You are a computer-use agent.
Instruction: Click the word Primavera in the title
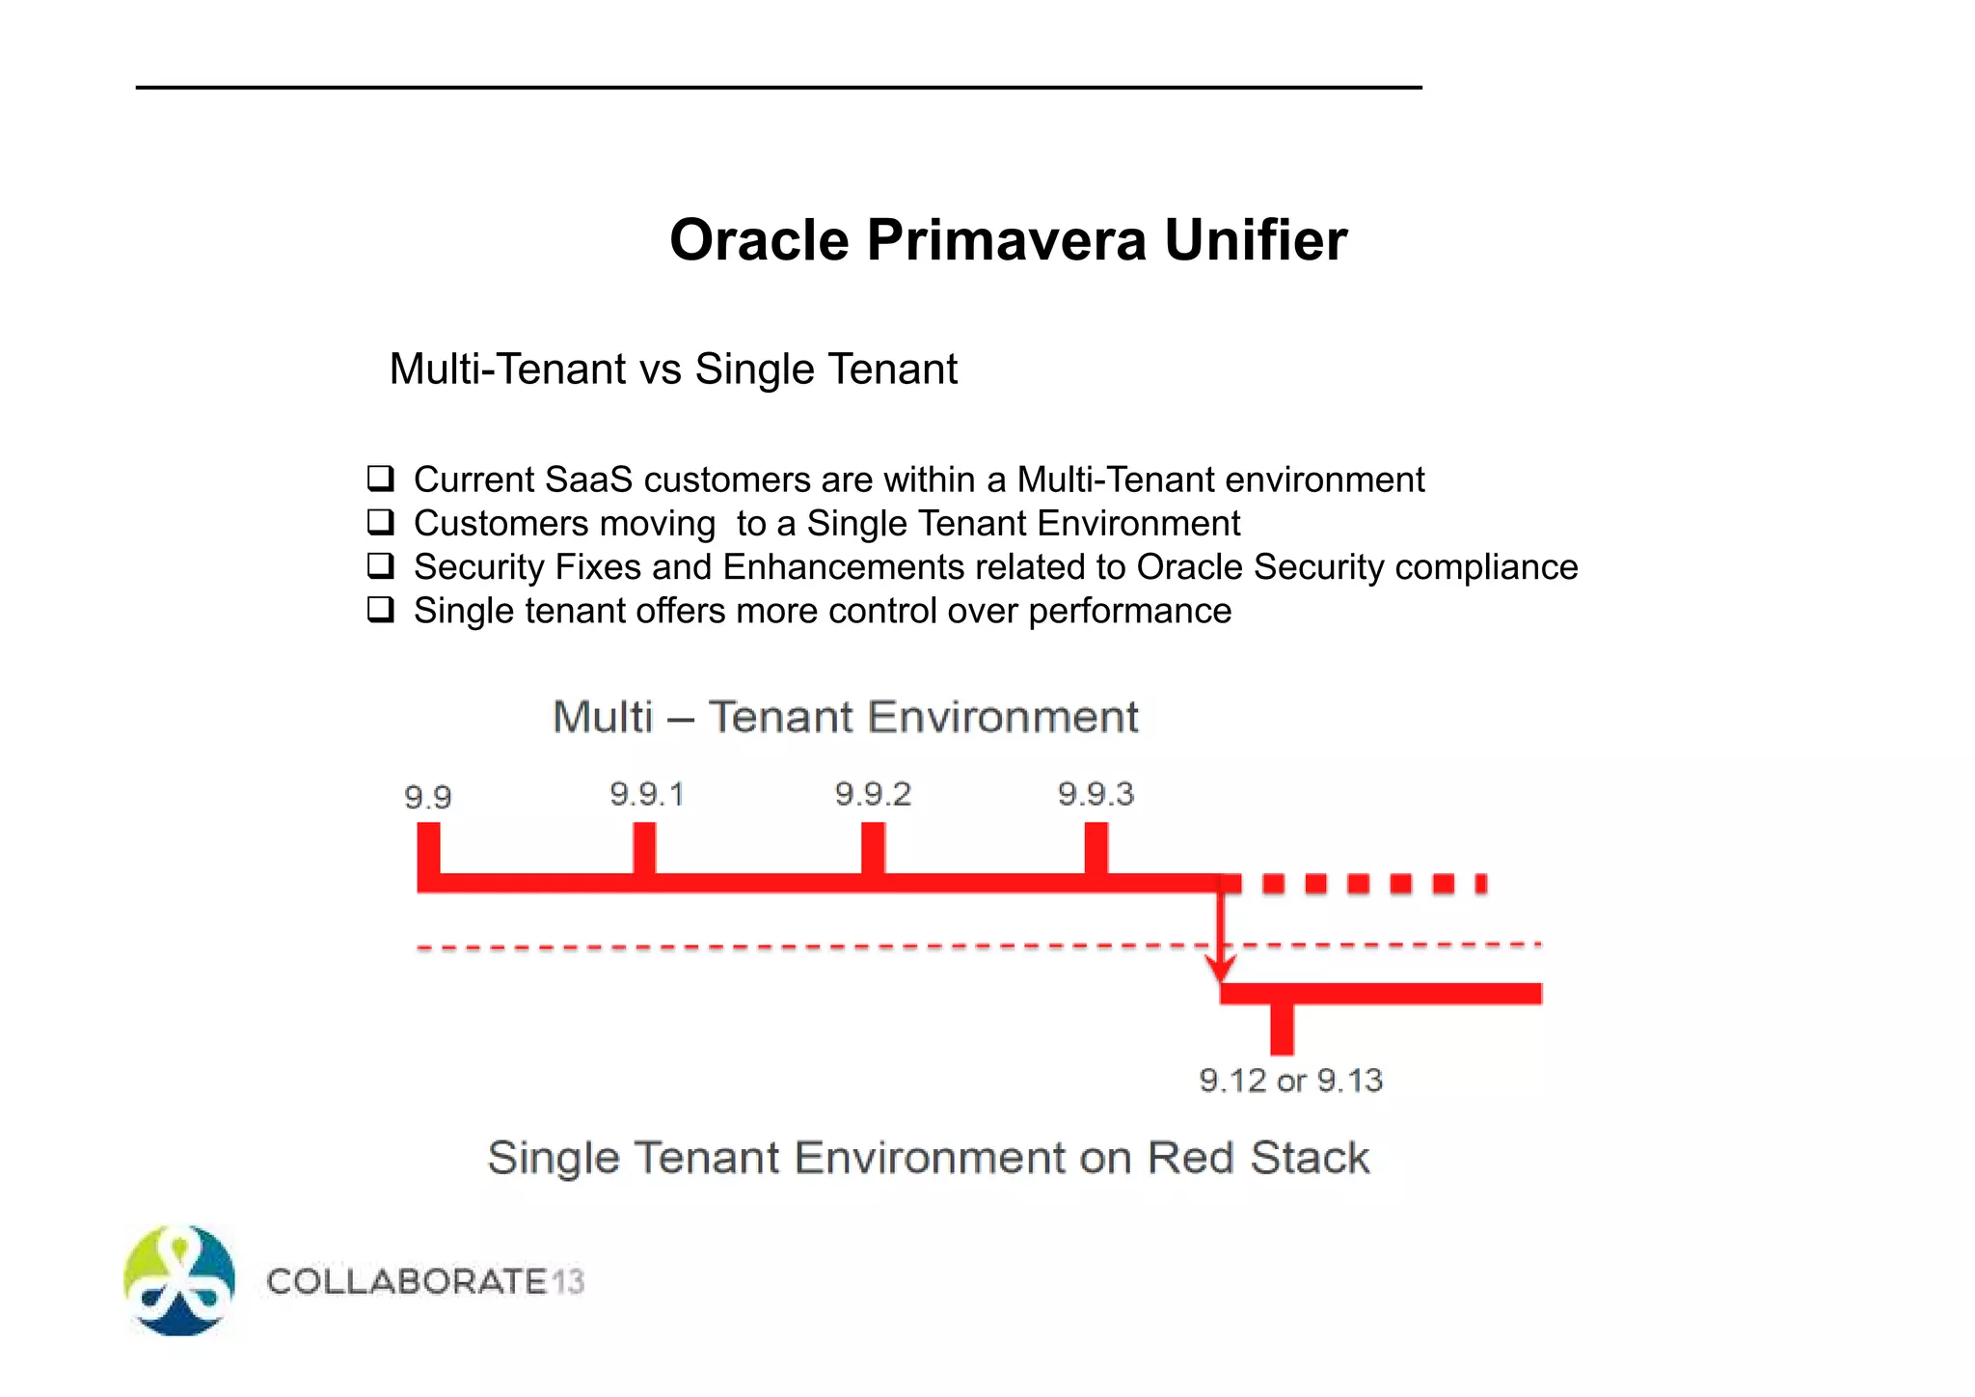[x=1006, y=240]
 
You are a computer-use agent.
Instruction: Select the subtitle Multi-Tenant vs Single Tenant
[x=673, y=370]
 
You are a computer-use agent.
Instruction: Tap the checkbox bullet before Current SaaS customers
[x=381, y=479]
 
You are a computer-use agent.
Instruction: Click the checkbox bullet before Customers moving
[x=381, y=522]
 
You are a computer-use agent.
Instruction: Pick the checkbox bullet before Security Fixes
[x=381, y=565]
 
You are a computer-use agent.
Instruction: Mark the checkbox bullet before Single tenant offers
[x=381, y=610]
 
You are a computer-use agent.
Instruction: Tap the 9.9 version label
[x=427, y=798]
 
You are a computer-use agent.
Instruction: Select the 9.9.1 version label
[x=646, y=794]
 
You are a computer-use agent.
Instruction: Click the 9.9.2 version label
[x=873, y=794]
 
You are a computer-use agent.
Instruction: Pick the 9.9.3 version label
[x=1096, y=794]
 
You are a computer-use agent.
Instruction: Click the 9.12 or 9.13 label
[x=1290, y=1081]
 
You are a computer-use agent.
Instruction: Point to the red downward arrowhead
[x=1221, y=968]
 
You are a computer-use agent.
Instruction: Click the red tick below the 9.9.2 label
[x=873, y=848]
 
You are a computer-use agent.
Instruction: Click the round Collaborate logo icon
[x=179, y=1280]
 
